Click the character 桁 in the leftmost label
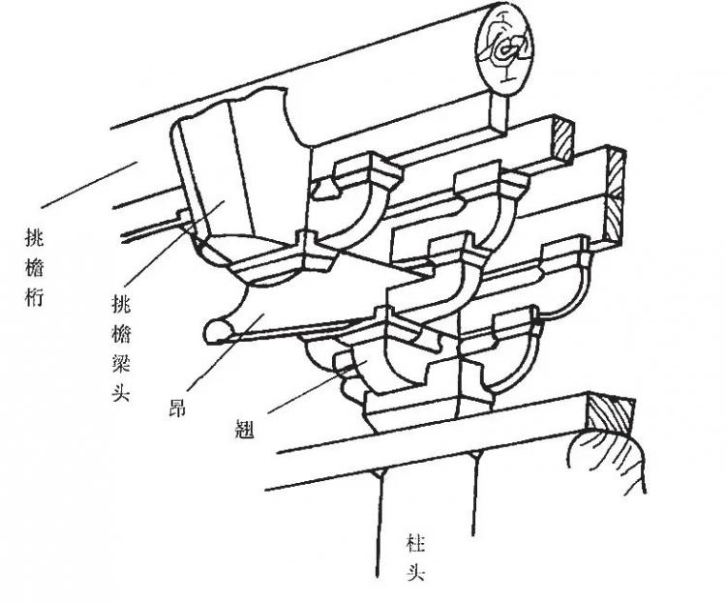[34, 296]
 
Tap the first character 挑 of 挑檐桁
[34, 239]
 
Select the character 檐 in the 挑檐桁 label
[34, 268]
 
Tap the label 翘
[245, 429]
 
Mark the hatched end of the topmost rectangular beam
[562, 140]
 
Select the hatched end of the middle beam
[615, 194]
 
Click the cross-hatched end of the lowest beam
[610, 413]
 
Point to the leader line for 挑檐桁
[89, 185]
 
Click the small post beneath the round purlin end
[500, 112]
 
